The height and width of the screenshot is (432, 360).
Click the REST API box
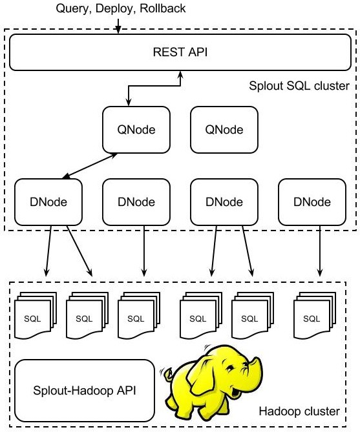point(180,52)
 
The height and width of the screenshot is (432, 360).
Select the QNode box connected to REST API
point(136,130)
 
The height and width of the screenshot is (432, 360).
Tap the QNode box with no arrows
point(224,130)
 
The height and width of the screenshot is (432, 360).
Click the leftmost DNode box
point(48,202)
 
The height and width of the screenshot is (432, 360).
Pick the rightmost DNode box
point(312,202)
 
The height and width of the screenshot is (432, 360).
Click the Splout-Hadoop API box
point(85,391)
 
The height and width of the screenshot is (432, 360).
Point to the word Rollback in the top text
point(163,8)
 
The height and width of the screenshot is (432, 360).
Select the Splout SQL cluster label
point(299,86)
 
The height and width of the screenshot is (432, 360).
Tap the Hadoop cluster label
point(299,411)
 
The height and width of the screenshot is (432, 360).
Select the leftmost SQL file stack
point(36,316)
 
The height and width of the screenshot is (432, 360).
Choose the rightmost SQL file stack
point(315,316)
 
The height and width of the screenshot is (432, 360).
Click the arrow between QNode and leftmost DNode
point(90,166)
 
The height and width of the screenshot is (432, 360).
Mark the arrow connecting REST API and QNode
point(154,86)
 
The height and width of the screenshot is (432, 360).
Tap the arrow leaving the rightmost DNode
point(320,251)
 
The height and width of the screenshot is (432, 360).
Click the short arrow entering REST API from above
point(118,26)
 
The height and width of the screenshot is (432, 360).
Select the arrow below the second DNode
point(143,251)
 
